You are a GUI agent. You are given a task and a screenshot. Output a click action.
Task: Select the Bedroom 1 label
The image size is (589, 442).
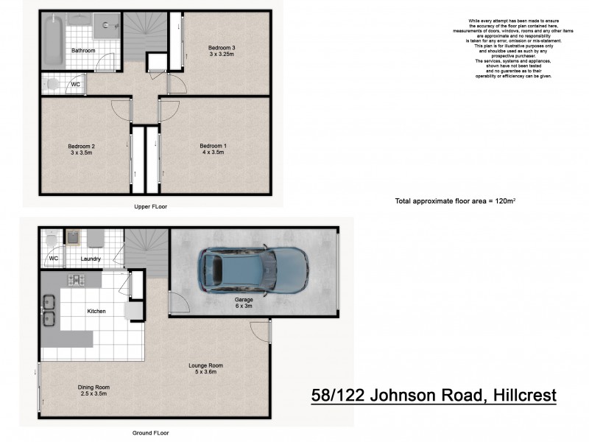(214, 147)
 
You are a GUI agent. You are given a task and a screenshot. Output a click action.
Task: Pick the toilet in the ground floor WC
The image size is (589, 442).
(51, 240)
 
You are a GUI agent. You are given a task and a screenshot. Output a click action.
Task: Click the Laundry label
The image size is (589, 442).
(92, 259)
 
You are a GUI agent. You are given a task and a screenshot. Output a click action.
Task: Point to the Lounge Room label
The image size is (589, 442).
(206, 365)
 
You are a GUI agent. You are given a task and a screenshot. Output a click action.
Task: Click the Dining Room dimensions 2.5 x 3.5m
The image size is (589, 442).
(94, 395)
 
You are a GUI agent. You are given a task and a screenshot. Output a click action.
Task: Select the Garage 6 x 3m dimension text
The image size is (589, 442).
(244, 307)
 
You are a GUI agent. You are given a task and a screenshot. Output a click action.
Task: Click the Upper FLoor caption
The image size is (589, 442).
(150, 207)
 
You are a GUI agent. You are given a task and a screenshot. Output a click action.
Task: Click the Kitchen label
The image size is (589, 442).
(96, 311)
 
